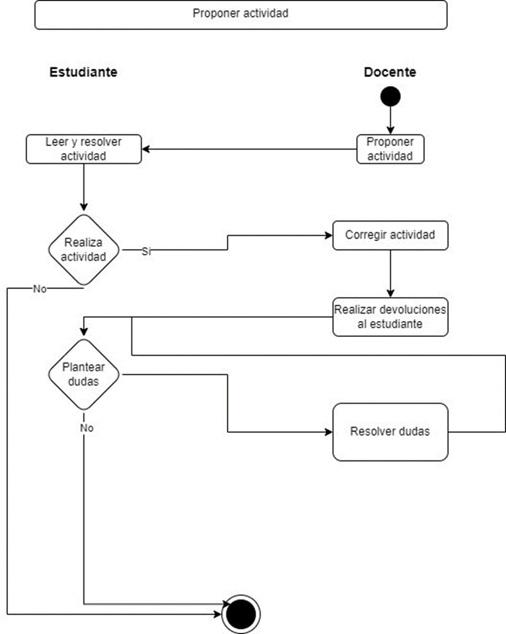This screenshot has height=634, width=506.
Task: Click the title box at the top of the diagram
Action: pyautogui.click(x=240, y=14)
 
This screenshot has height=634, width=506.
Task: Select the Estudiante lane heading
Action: pyautogui.click(x=83, y=72)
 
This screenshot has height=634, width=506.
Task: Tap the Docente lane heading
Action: pyautogui.click(x=390, y=72)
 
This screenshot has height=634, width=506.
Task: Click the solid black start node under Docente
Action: pyautogui.click(x=390, y=96)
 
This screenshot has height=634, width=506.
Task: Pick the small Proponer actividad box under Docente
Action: pyautogui.click(x=390, y=149)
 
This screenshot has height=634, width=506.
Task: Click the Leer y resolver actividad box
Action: pyautogui.click(x=83, y=149)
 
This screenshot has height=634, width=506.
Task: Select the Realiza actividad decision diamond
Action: pyautogui.click(x=83, y=250)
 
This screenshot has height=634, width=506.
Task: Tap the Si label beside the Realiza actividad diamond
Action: pyautogui.click(x=147, y=251)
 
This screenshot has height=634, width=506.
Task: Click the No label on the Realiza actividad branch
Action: pyautogui.click(x=40, y=289)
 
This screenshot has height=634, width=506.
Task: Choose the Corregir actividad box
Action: pyautogui.click(x=390, y=235)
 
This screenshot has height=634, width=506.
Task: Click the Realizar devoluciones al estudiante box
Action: pyautogui.click(x=390, y=317)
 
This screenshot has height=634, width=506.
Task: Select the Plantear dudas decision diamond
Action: pyautogui.click(x=83, y=374)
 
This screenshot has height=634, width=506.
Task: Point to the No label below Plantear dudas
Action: pyautogui.click(x=86, y=428)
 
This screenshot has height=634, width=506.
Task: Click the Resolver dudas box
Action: pyautogui.click(x=390, y=431)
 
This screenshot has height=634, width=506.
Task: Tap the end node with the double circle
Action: pyautogui.click(x=241, y=613)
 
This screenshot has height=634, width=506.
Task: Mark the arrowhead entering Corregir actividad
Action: pyautogui.click(x=328, y=235)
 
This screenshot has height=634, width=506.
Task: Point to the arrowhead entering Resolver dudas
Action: pyautogui.click(x=328, y=431)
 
